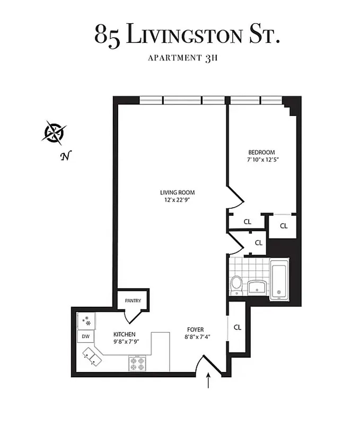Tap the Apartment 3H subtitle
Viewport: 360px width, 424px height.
(187, 58)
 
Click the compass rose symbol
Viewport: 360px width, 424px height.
(54, 132)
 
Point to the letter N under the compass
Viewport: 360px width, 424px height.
(66, 156)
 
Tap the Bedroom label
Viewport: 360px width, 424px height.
(260, 152)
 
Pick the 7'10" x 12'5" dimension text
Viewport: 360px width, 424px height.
(260, 160)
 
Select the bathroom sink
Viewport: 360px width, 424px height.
(257, 287)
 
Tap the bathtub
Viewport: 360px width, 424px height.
(279, 279)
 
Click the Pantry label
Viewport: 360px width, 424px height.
(133, 301)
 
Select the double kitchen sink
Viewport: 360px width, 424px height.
(92, 356)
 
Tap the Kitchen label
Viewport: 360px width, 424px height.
(125, 334)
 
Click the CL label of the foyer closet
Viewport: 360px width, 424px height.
(237, 327)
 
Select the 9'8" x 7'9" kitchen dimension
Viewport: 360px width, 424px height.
(125, 342)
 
